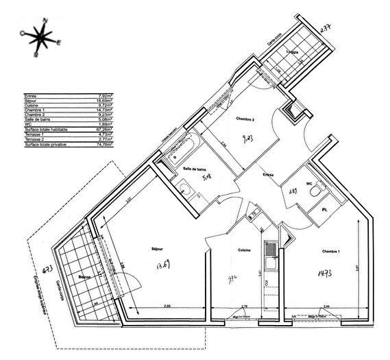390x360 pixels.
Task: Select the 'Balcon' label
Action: pos(85,276)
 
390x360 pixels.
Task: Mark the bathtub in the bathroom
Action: pos(181,147)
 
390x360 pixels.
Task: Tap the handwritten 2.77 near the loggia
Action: pos(326,29)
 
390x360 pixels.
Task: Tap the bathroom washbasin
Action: pos(184,189)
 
